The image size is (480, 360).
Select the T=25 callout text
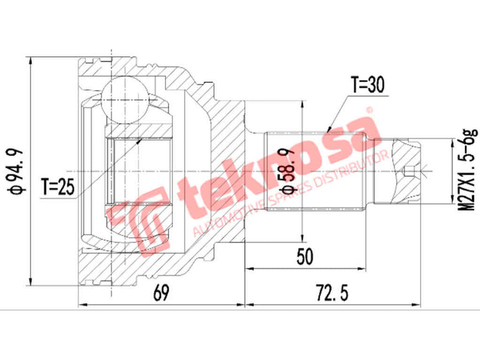[58, 188]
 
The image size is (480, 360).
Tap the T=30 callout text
[367, 85]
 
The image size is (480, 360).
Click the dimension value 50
[305, 257]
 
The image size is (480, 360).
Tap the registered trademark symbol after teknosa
[370, 111]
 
